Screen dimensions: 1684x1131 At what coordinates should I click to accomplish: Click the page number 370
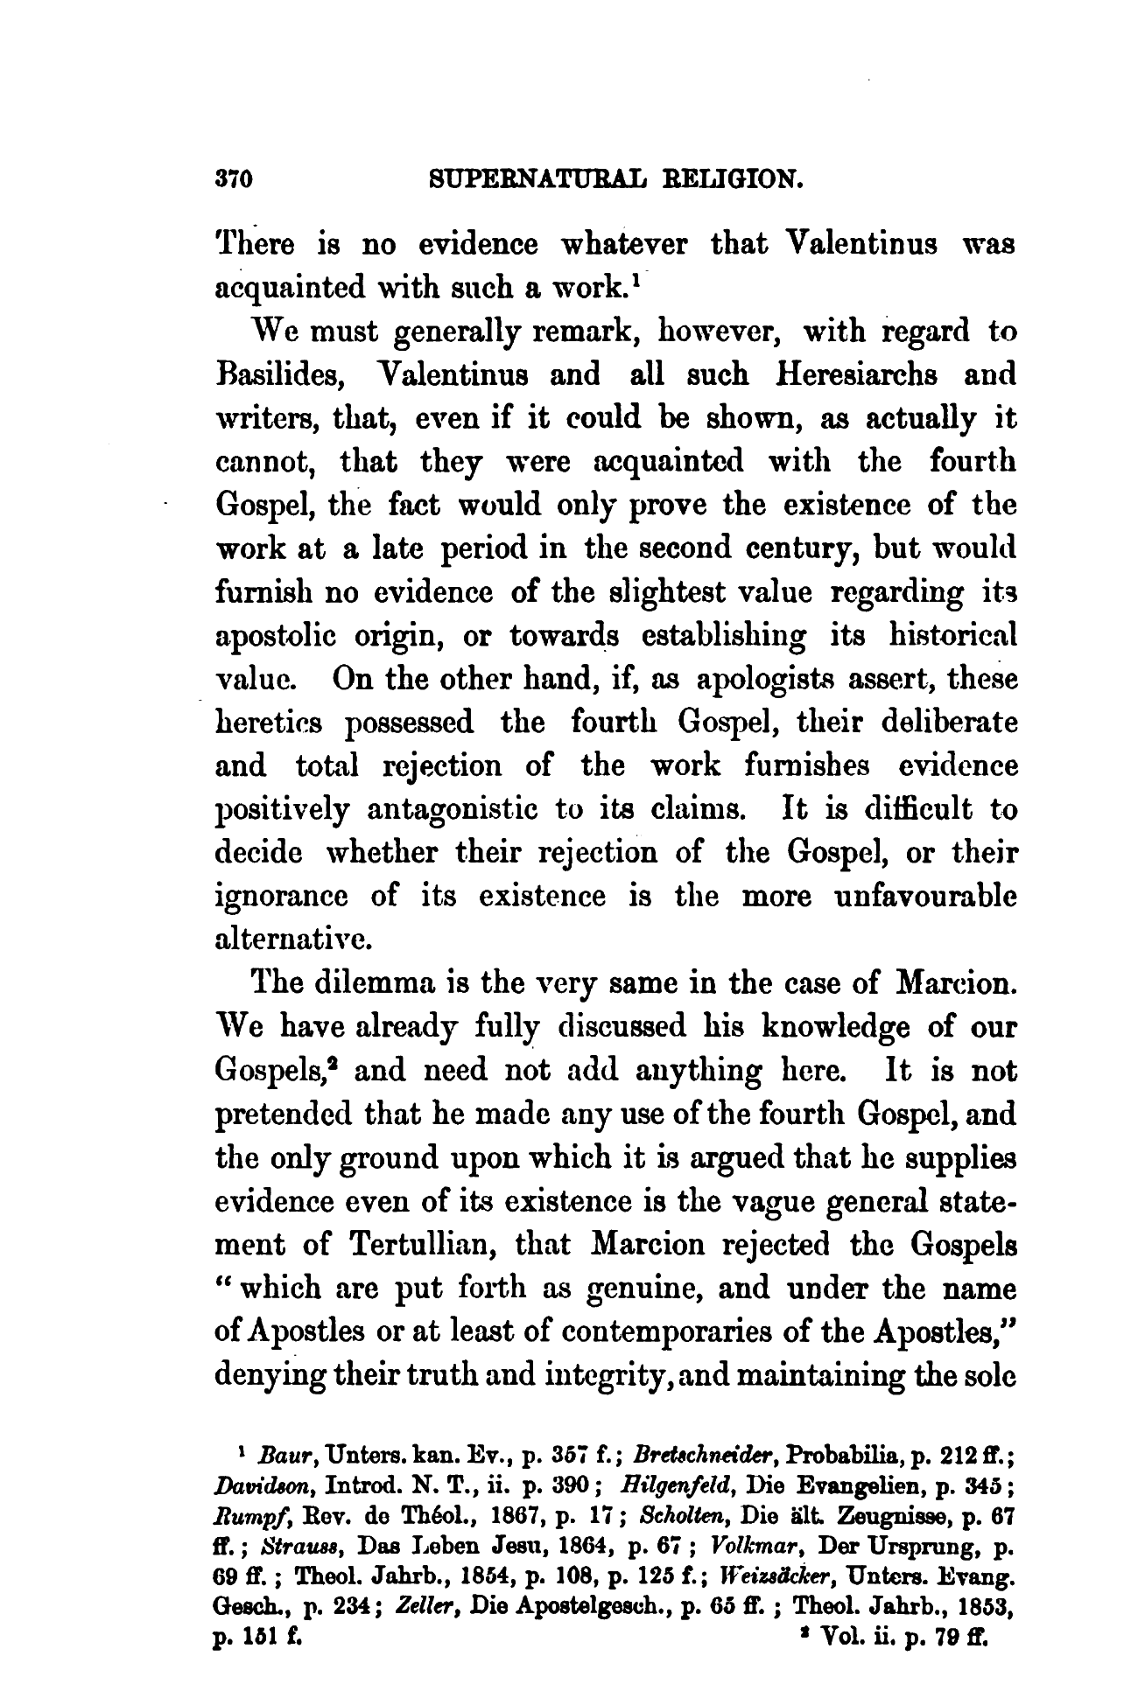(234, 180)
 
